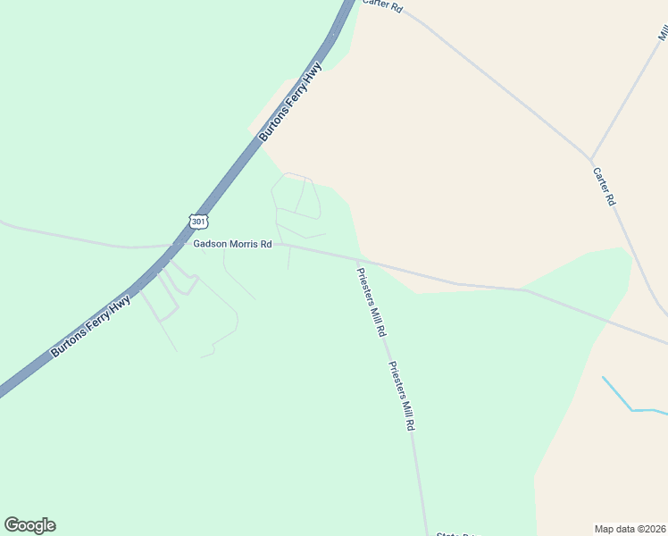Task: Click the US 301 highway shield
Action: pos(197,220)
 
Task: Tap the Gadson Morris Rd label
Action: pos(232,244)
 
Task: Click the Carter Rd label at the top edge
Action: pos(382,5)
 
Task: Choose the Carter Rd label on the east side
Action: pos(605,186)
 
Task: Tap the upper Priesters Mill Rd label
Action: pos(372,302)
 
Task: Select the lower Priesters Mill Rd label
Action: pos(402,397)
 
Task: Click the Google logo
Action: pos(29,525)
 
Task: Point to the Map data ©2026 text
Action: pos(630,528)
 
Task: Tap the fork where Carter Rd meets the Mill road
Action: pos(590,159)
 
